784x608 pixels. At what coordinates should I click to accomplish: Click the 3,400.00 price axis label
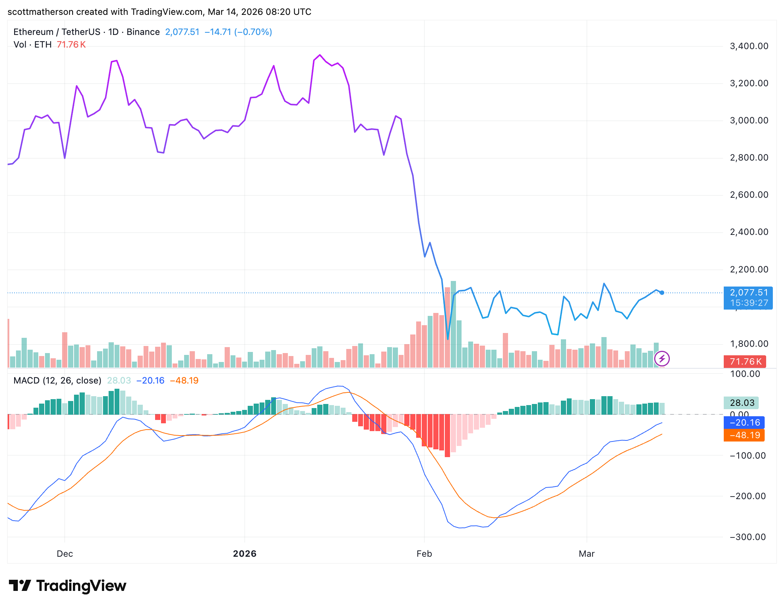tap(749, 46)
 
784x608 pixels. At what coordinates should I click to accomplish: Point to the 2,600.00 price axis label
tap(749, 195)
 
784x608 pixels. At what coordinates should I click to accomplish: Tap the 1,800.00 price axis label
tap(749, 344)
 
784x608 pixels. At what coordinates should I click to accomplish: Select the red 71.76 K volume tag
tap(744, 362)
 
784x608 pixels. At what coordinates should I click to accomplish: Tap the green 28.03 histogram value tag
tap(742, 403)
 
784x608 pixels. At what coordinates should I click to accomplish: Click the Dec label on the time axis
tap(65, 554)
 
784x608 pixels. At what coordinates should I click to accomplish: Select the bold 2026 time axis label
tap(244, 554)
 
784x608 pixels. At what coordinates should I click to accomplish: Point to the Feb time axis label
tap(424, 554)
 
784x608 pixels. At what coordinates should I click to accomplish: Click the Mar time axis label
tap(587, 554)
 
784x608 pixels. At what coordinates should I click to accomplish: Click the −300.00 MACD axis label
tap(748, 537)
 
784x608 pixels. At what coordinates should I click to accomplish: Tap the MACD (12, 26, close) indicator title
tap(57, 381)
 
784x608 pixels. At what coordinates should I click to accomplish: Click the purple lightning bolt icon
tap(662, 359)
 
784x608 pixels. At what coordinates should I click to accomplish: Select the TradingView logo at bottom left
tap(67, 586)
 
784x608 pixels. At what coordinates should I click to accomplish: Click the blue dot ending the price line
tap(662, 293)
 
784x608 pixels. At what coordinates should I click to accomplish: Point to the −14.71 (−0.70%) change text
tap(238, 32)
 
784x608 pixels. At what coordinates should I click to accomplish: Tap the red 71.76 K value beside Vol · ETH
tap(71, 45)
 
